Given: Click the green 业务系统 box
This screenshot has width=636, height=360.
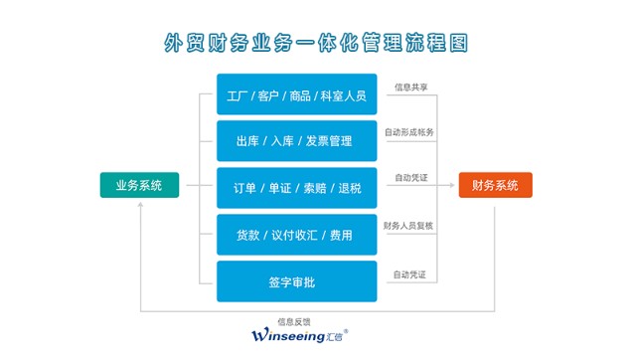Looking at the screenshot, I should point(139,185).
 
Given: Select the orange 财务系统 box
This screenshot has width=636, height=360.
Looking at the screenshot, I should point(495,185).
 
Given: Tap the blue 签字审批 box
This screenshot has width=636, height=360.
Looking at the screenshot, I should point(297,281).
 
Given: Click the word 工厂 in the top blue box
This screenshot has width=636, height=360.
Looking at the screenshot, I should point(239,95).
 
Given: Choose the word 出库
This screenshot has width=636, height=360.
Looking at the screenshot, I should point(249,141).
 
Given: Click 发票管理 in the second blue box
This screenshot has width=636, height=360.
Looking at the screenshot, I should point(329,141).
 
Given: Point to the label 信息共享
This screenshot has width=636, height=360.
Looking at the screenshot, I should point(411,87).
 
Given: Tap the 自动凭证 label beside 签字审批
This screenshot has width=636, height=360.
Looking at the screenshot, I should point(410,273).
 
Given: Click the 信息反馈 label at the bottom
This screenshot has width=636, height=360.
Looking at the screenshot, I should point(295,322).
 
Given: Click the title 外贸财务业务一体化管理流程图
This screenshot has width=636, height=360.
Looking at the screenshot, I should point(317,43).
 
